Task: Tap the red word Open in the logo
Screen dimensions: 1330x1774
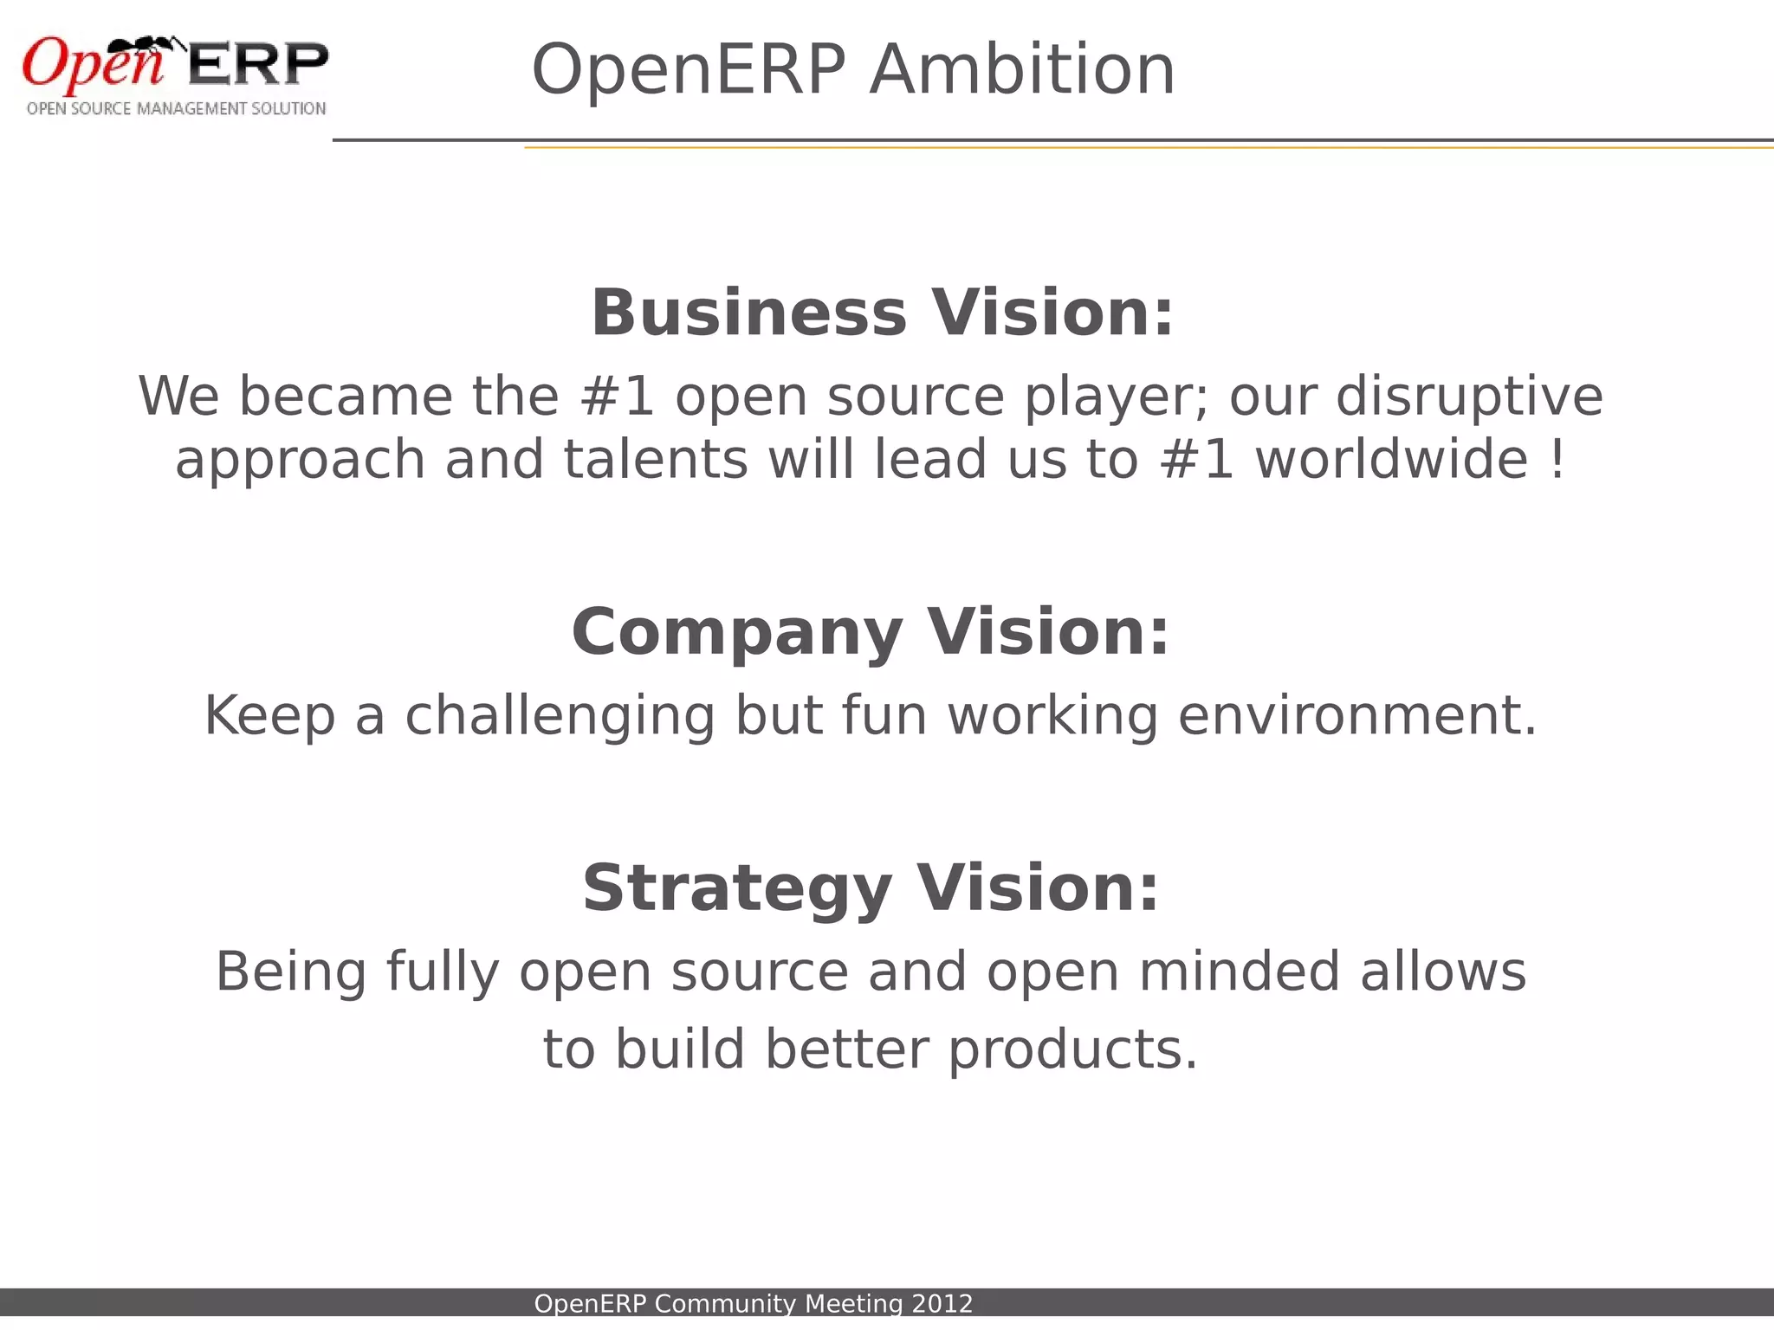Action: pos(91,65)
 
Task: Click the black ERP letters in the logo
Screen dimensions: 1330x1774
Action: pos(257,64)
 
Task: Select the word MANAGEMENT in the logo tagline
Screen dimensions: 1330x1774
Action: pos(191,109)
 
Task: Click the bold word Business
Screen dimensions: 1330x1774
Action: pos(748,313)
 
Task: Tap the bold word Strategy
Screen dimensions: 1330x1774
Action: pos(737,888)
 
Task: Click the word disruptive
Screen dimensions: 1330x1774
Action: pos(1469,397)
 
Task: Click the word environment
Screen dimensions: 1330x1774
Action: pos(1357,716)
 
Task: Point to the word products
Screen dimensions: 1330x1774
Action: pos(1072,1049)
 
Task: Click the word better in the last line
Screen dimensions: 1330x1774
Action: pos(846,1049)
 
